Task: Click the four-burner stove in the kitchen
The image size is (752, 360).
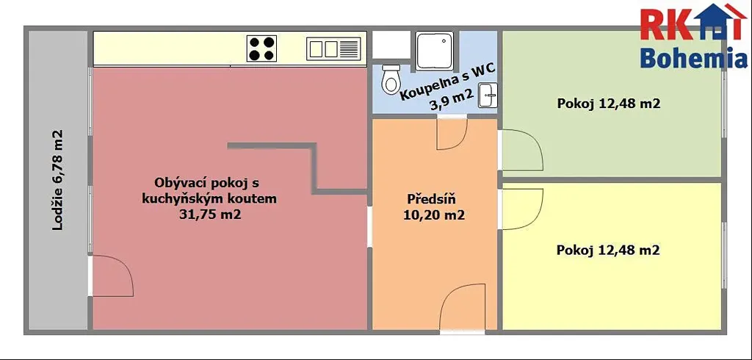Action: pyautogui.click(x=261, y=48)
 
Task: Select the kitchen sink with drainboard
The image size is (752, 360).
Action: pyautogui.click(x=333, y=49)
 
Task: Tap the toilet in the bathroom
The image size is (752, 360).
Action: pyautogui.click(x=391, y=79)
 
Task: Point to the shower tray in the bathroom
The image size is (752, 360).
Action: pyautogui.click(x=435, y=51)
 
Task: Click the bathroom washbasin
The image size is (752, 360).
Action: pyautogui.click(x=488, y=95)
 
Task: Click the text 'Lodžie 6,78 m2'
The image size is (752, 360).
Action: pyautogui.click(x=57, y=180)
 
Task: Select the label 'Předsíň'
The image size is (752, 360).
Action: pyautogui.click(x=431, y=198)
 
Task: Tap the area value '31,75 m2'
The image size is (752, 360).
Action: pyautogui.click(x=209, y=215)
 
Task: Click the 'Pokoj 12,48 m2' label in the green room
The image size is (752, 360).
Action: pyautogui.click(x=608, y=104)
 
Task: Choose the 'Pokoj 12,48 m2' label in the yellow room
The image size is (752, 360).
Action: pyautogui.click(x=608, y=250)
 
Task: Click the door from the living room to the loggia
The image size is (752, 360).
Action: pyautogui.click(x=112, y=276)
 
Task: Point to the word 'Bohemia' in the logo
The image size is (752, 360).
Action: pyautogui.click(x=693, y=58)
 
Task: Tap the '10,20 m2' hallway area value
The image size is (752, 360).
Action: pyautogui.click(x=434, y=215)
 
